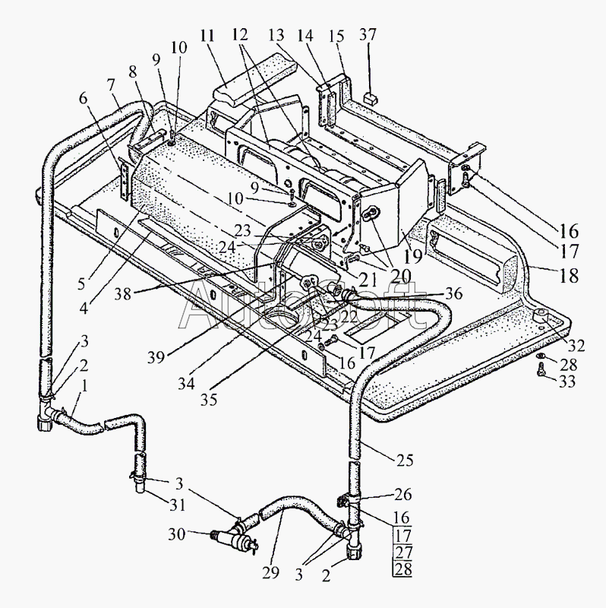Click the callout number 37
[368, 36]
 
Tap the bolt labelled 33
[541, 372]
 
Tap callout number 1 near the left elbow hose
[84, 385]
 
